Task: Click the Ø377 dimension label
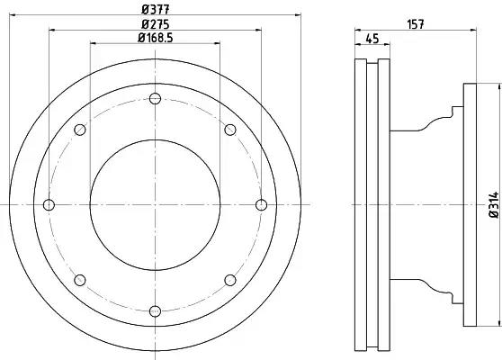coord(156,9)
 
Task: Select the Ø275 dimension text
coord(156,24)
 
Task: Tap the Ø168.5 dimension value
coord(156,38)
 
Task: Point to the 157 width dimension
coord(416,24)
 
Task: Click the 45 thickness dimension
coord(372,39)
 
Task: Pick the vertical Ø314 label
coord(494,204)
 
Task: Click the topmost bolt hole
coord(155,98)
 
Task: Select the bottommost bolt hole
coord(155,310)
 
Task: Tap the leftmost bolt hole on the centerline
coord(49,204)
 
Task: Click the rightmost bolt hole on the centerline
coord(262,204)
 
